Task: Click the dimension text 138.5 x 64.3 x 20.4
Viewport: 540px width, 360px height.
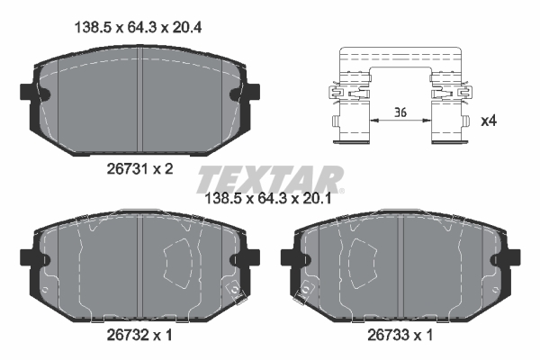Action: [138, 28]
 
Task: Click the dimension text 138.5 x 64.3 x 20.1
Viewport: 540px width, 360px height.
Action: [268, 199]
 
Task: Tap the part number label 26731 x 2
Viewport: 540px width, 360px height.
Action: [139, 169]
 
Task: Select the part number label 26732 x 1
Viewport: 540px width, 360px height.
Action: [139, 335]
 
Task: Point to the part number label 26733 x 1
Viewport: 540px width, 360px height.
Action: [400, 335]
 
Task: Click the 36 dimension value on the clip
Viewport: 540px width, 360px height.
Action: [400, 112]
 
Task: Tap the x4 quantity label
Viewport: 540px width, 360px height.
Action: [489, 121]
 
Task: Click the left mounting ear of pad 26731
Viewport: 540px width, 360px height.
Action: [28, 92]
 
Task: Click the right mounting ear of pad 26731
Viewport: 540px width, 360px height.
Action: [252, 92]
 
